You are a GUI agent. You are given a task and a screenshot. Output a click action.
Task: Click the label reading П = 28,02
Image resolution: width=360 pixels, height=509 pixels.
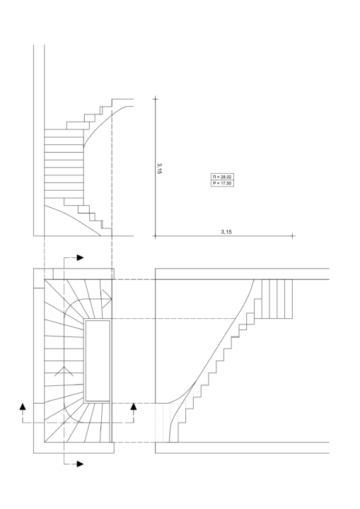click(222, 177)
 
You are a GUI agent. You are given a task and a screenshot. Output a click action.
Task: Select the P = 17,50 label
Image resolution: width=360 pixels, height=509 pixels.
click(222, 183)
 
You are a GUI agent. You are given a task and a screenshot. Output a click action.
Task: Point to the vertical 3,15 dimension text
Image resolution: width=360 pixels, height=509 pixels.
click(159, 168)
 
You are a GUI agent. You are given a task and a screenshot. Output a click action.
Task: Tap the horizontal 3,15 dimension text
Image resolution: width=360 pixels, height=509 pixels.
click(226, 232)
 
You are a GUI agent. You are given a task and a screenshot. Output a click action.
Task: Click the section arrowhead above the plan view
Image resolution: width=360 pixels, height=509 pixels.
click(80, 258)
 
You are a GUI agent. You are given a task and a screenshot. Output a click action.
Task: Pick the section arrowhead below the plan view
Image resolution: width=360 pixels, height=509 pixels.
click(80, 464)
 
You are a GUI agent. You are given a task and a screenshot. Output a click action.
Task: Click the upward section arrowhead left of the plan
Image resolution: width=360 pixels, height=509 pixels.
click(23, 406)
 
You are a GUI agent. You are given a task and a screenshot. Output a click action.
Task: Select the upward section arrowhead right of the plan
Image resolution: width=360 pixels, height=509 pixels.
click(134, 406)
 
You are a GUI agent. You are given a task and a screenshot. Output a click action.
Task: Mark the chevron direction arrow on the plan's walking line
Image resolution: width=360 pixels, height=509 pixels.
click(64, 371)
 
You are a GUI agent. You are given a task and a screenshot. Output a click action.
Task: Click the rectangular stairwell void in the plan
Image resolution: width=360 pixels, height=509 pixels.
click(98, 361)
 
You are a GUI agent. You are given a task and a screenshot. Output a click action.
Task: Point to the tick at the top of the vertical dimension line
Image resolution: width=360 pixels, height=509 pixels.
click(156, 98)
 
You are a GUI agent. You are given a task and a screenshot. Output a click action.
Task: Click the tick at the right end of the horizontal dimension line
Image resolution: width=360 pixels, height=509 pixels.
click(292, 236)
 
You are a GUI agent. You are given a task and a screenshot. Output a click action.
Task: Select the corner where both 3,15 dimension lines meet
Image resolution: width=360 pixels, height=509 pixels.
click(156, 236)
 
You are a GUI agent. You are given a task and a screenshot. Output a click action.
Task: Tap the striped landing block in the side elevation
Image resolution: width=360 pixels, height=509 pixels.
click(277, 298)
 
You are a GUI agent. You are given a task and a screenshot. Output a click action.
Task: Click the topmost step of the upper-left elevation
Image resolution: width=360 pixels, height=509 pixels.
click(123, 103)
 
